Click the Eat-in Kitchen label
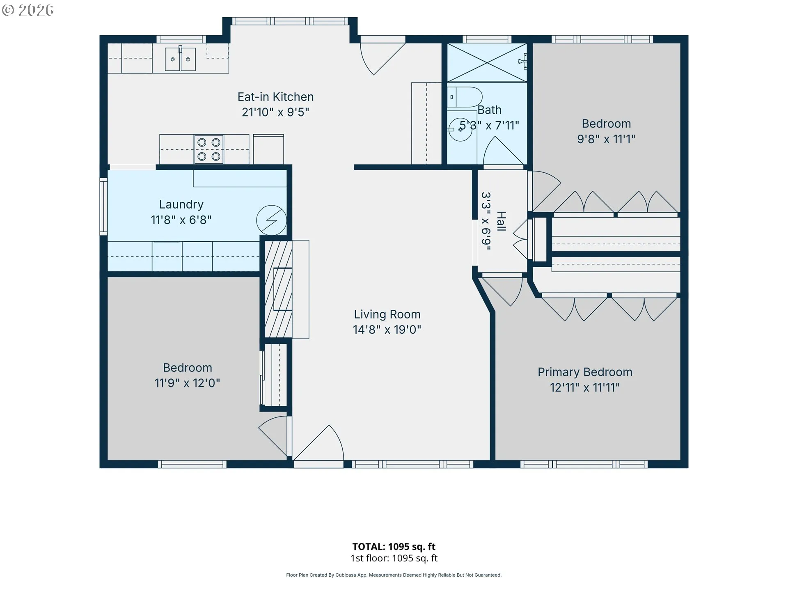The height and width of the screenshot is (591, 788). [x=275, y=97]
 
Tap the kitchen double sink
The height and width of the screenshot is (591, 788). [x=180, y=59]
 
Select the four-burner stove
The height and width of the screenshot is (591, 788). [x=209, y=149]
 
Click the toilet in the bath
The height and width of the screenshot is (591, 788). [x=465, y=97]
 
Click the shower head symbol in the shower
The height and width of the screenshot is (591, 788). [x=522, y=62]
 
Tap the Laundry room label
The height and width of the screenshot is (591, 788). [x=181, y=204]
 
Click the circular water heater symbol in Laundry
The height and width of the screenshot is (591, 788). [x=271, y=220]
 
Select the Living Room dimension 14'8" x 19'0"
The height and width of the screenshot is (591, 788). [x=387, y=330]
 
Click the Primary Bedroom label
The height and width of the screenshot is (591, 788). [x=585, y=372]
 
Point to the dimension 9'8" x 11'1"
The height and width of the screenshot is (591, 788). [x=606, y=139]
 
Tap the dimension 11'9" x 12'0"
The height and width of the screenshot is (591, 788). [x=187, y=383]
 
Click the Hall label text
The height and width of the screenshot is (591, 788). [x=501, y=221]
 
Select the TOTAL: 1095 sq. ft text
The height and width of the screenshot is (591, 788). [x=394, y=547]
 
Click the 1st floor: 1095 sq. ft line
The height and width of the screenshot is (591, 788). [x=394, y=558]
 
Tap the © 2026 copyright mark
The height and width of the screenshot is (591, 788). [x=27, y=10]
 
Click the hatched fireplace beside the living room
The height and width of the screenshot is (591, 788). [x=279, y=289]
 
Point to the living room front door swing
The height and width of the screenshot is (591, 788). [x=318, y=443]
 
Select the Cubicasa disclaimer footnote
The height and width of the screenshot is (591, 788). [x=394, y=575]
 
